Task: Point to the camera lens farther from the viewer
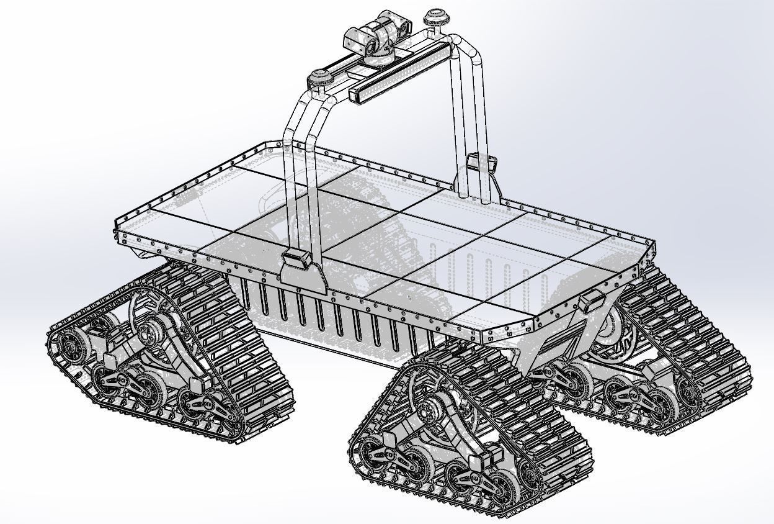pos(405,27)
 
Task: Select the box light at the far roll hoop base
pos(482,162)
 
